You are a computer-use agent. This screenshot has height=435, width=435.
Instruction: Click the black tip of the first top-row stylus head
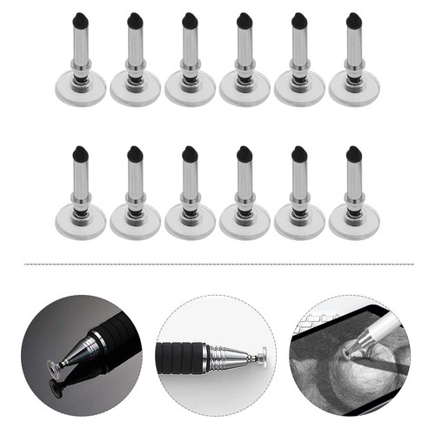pyautogui.click(x=80, y=17)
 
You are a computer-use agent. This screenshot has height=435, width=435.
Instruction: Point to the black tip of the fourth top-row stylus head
pyautogui.click(x=244, y=17)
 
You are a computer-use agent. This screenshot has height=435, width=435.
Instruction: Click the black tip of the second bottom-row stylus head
pyautogui.click(x=135, y=152)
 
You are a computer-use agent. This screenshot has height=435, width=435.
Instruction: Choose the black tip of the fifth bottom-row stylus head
pyautogui.click(x=299, y=152)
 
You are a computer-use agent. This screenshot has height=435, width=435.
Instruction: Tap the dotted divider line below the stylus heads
pyautogui.click(x=217, y=263)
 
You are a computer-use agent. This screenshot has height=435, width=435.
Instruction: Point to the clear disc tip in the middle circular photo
pyautogui.click(x=262, y=356)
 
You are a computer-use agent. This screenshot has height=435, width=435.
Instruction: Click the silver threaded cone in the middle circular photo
pyautogui.click(x=228, y=356)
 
